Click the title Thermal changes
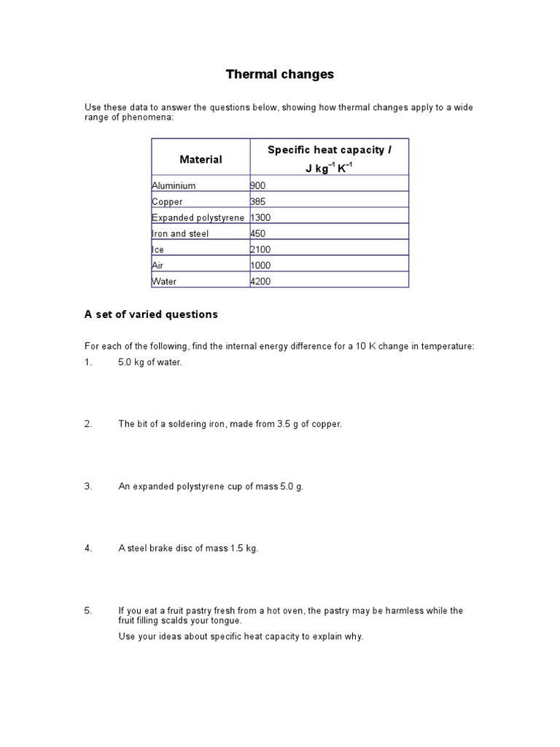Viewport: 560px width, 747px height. coord(279,74)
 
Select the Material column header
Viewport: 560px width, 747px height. coord(201,159)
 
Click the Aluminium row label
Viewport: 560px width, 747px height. coord(174,186)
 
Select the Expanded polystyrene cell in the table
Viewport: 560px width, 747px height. coord(198,218)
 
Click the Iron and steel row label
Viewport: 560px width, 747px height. coord(180,234)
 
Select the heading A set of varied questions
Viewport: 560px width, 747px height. coord(151,314)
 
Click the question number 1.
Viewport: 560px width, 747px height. coord(87,363)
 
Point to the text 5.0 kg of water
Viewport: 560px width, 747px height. coord(149,363)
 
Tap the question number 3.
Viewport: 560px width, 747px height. coord(87,487)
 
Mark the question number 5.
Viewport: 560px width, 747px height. coord(87,611)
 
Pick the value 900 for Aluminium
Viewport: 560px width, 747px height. coord(260,186)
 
